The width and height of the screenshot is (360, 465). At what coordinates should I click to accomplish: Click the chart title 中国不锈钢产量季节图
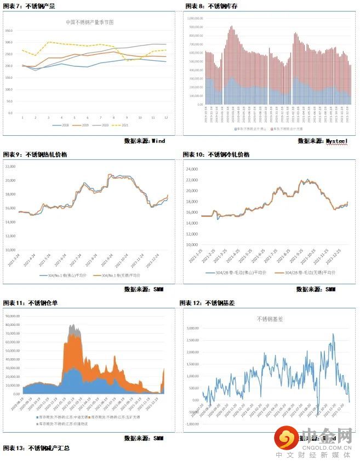tap(90, 24)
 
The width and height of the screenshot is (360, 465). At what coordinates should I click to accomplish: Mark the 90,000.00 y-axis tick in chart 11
tap(12, 316)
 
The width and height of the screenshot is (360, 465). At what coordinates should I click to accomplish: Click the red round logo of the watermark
tap(286, 438)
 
